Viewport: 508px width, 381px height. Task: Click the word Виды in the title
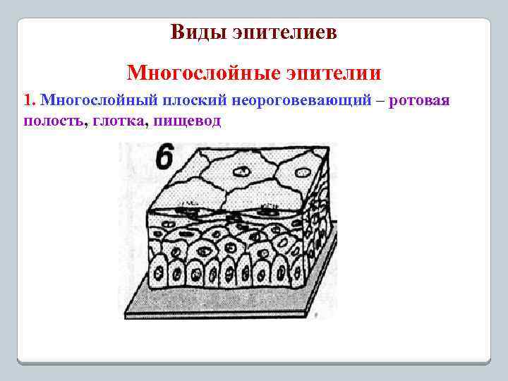click(193, 32)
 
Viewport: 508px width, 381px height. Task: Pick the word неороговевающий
click(296, 101)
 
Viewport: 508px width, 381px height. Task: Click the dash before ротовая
click(381, 101)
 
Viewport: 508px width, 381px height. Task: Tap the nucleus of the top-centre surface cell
click(242, 170)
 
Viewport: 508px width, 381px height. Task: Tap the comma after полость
click(85, 124)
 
